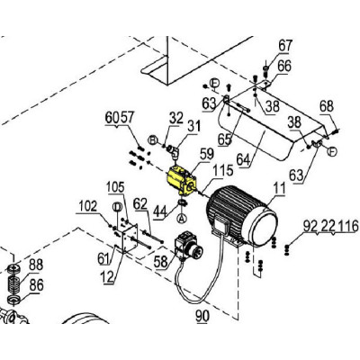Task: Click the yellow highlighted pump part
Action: click(x=181, y=181)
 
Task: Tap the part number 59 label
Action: click(x=207, y=155)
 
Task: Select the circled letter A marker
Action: click(x=181, y=218)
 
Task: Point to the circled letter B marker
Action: click(x=153, y=139)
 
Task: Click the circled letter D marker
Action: click(x=117, y=206)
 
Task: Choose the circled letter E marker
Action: click(x=215, y=83)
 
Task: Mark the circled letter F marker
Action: click(x=332, y=151)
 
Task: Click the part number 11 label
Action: click(x=279, y=189)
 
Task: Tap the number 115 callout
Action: click(x=223, y=170)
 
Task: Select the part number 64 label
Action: click(x=244, y=159)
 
